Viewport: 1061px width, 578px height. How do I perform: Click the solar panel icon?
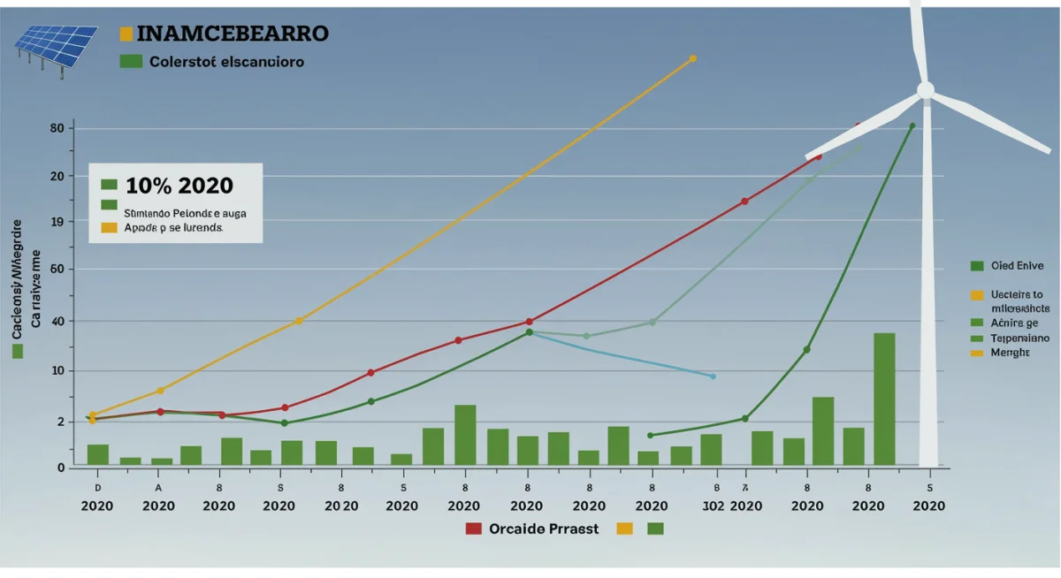coord(55,48)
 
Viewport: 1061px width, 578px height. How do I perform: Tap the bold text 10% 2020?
coord(179,186)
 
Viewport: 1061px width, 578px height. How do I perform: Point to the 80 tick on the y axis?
coord(57,128)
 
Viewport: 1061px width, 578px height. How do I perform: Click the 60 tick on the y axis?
coord(57,270)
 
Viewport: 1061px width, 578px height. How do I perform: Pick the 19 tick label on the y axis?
coord(57,223)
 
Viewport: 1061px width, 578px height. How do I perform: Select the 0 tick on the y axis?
coord(61,467)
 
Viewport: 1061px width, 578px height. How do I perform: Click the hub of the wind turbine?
coord(925,90)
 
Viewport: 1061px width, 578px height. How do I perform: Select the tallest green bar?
coord(884,399)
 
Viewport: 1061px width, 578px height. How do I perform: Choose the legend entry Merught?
coord(1010,352)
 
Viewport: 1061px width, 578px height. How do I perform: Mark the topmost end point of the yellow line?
coord(692,58)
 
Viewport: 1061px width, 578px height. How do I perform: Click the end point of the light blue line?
coord(713,376)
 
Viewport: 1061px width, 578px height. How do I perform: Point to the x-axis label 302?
coord(714,506)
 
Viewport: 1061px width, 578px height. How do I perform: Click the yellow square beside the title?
coord(126,34)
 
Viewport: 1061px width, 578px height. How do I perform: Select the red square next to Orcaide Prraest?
coord(473,529)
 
